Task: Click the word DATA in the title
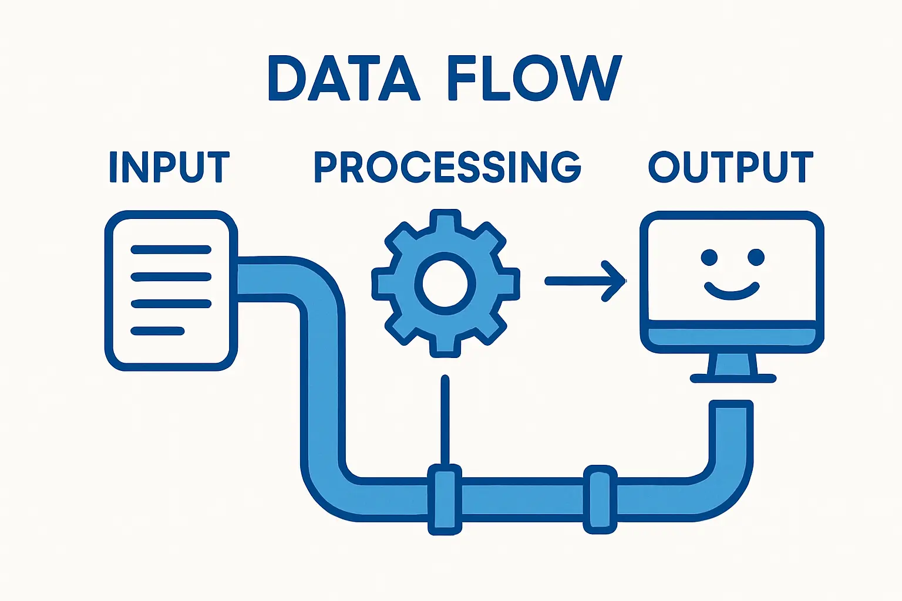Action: pos(344,79)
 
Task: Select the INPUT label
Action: pos(169,167)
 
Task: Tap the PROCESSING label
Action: pos(447,167)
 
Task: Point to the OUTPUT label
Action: pos(731,167)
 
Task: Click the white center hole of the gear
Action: pos(445,283)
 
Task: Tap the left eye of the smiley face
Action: pos(709,257)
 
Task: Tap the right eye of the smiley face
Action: pos(756,257)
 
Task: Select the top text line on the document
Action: pos(170,250)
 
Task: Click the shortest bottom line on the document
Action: pos(157,332)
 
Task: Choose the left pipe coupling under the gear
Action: pos(445,499)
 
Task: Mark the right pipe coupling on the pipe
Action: pos(600,499)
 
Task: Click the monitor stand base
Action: pos(733,379)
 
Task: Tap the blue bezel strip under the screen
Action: pos(732,337)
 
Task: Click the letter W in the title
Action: pos(593,79)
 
